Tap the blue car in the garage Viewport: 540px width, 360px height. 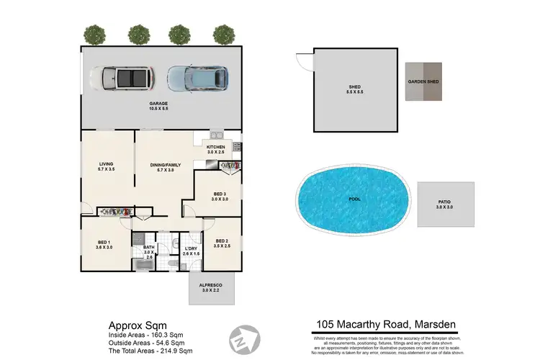[x=198, y=76]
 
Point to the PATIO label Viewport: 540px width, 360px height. [x=444, y=205]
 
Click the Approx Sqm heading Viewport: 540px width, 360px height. [x=133, y=325]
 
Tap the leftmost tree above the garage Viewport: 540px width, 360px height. [x=92, y=33]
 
